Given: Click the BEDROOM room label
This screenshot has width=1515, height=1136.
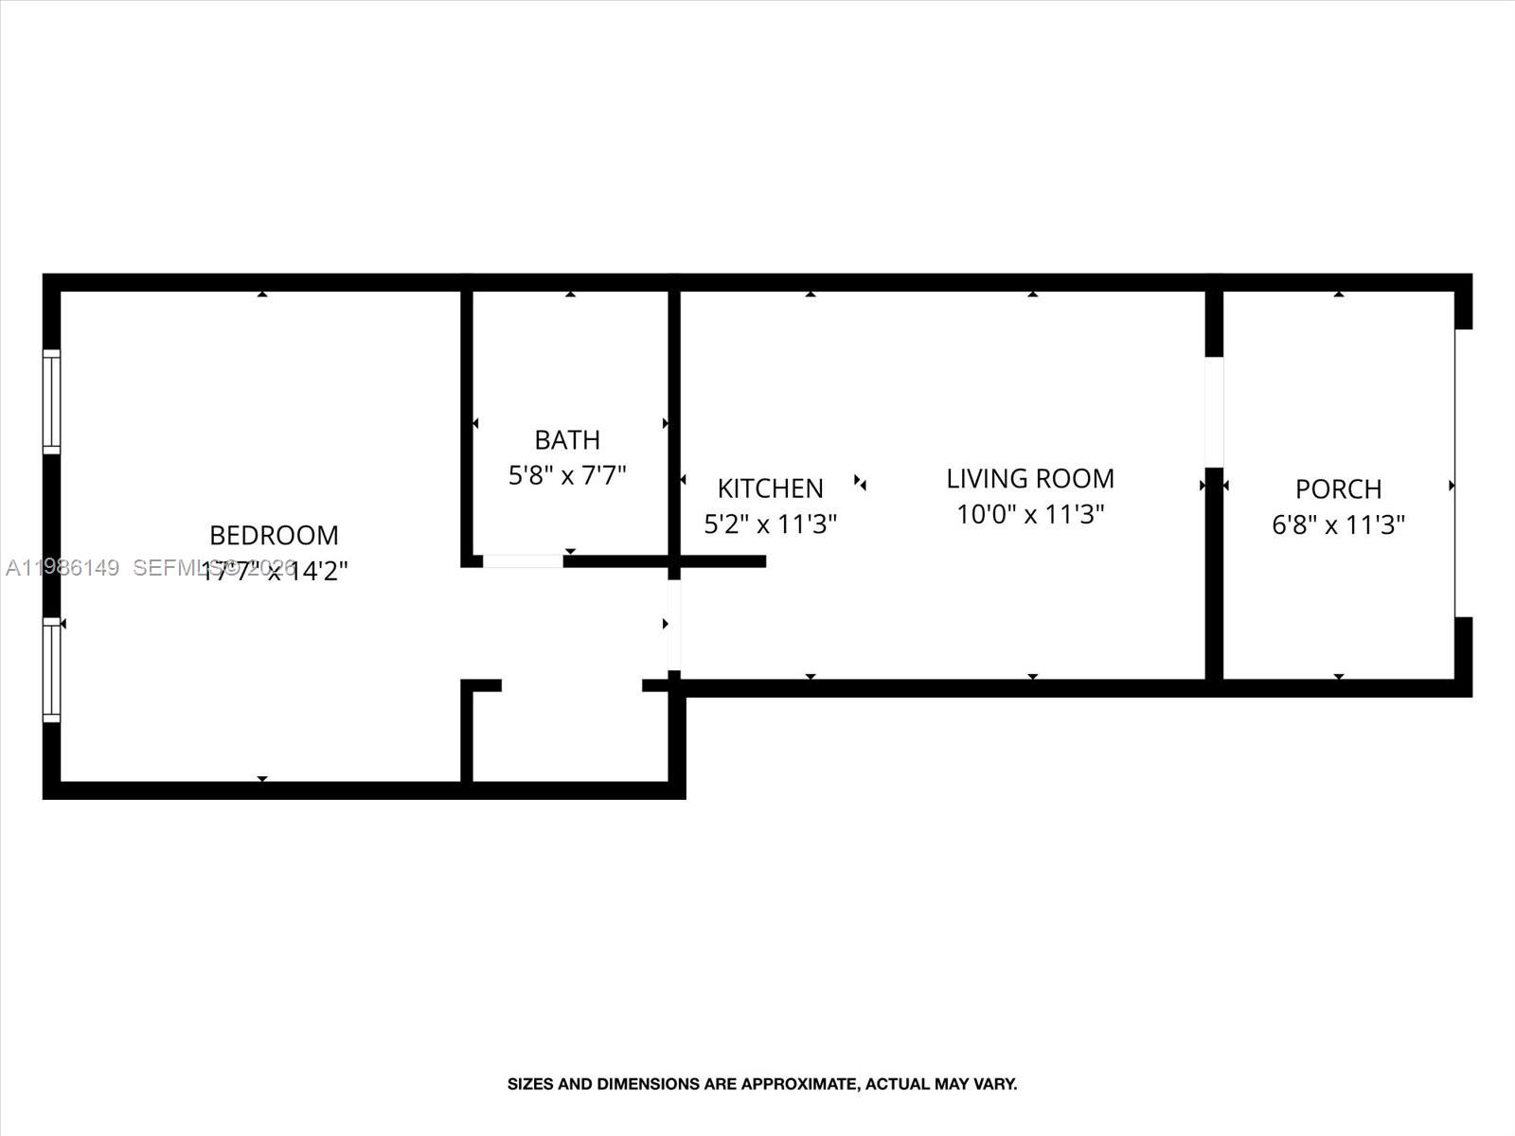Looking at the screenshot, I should [274, 536].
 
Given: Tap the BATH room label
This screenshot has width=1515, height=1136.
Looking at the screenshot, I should [567, 440].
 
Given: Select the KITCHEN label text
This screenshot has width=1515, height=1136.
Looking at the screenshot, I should [770, 488].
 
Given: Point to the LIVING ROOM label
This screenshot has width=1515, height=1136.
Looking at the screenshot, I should [1030, 479].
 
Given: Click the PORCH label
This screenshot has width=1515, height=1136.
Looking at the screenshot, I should [1338, 489].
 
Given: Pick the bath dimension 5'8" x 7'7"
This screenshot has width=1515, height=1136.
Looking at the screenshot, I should [567, 475].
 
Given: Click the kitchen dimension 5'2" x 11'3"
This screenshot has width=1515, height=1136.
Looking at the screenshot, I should [770, 524].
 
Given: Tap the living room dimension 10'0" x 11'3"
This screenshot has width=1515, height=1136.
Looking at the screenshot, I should [1030, 515].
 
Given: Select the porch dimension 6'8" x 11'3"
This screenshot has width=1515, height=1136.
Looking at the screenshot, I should [1338, 524].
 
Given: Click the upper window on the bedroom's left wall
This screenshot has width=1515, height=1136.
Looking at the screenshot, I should [51, 400].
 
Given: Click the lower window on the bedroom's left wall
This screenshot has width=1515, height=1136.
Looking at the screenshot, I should [51, 669].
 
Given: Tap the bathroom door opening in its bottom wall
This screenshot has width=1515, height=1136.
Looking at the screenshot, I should [523, 561].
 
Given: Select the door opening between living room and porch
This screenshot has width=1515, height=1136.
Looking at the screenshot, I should [1214, 412].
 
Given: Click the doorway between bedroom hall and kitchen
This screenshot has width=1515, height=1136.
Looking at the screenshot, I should [673, 625].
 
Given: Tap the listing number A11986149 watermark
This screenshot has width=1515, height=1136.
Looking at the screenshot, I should [62, 568].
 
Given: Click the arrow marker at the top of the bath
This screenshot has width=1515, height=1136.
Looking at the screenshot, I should [570, 294].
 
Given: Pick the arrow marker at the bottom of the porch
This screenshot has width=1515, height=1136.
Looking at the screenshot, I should [1338, 676].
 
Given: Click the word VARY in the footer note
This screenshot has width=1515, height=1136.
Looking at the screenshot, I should [997, 1084].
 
